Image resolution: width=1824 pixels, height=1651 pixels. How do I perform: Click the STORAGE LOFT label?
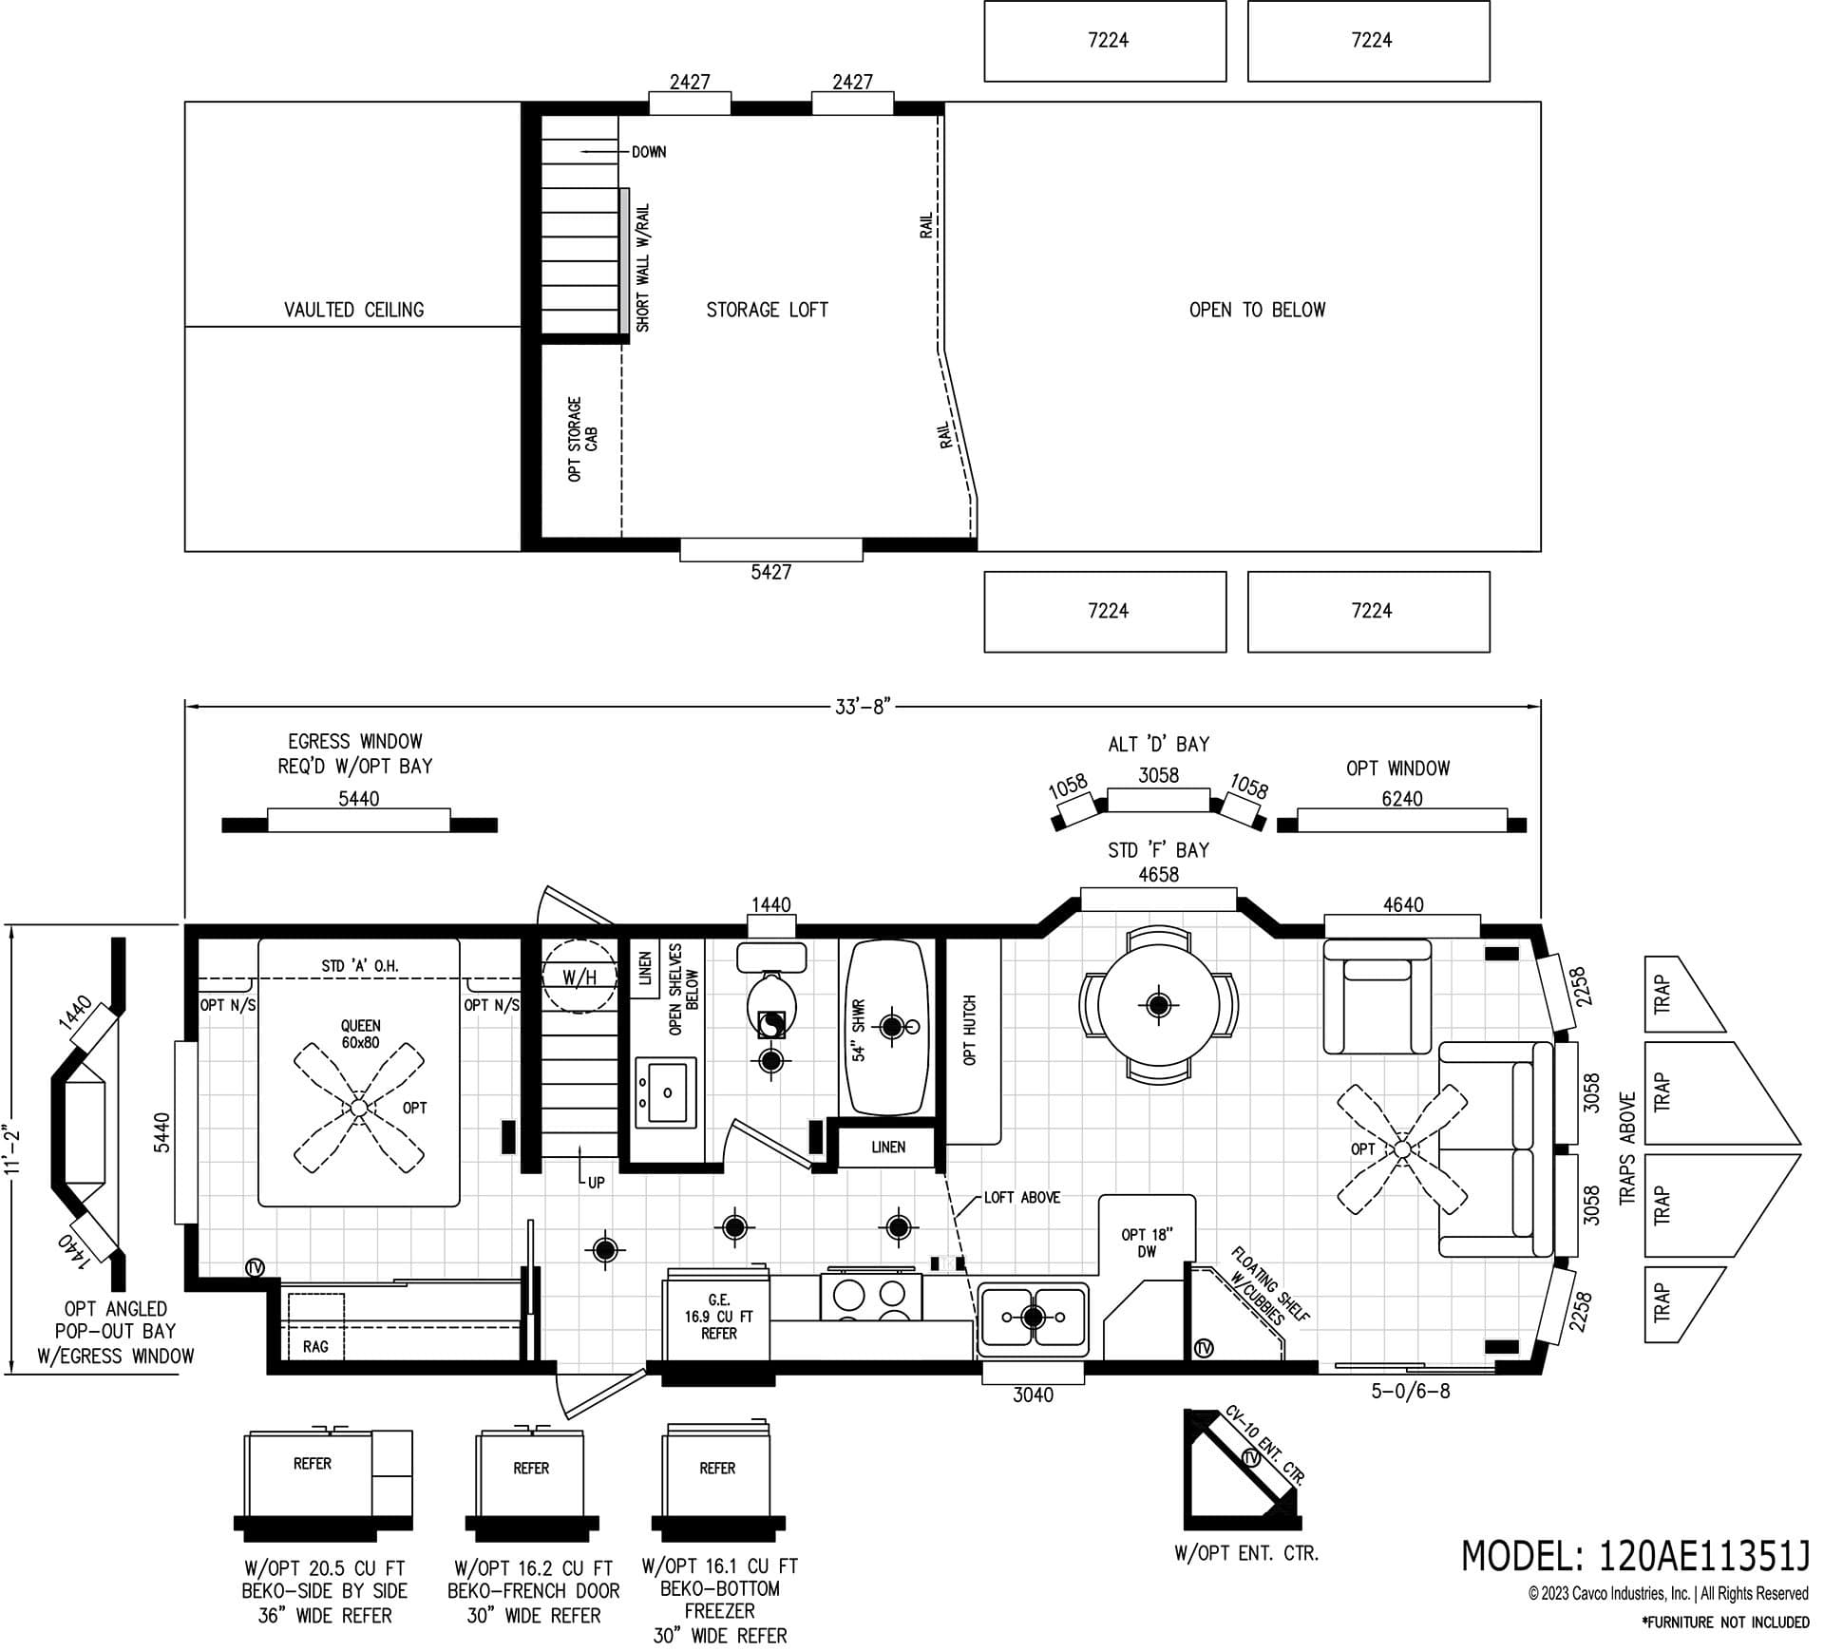click(767, 310)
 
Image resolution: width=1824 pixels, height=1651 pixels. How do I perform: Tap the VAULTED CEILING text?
click(353, 310)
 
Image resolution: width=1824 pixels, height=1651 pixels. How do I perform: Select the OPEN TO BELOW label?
click(1257, 310)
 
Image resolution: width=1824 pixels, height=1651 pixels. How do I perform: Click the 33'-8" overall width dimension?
click(862, 707)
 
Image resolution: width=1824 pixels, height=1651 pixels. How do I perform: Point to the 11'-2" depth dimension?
click(11, 1150)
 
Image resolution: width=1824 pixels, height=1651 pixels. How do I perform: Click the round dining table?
click(1158, 1004)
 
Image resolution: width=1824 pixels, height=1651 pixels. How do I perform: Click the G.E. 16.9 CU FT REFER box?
click(718, 1316)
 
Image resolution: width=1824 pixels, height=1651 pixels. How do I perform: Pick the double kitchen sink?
click(1034, 1317)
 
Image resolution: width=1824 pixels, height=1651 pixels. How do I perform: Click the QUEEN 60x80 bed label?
click(360, 1034)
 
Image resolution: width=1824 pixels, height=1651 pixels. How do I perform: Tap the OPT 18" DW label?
click(1147, 1243)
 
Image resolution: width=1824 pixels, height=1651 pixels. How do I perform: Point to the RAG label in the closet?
click(315, 1346)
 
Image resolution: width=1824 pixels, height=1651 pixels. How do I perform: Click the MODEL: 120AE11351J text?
click(1634, 1556)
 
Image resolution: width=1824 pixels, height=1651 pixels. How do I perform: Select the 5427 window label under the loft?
click(770, 572)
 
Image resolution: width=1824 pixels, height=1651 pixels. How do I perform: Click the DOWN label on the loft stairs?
click(649, 152)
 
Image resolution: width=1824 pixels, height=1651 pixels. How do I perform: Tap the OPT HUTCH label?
click(970, 1030)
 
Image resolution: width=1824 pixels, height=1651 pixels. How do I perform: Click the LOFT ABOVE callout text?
click(1022, 1197)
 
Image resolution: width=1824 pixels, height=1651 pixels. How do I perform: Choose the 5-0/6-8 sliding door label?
click(1410, 1392)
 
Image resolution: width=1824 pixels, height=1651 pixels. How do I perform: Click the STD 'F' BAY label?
click(1158, 850)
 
